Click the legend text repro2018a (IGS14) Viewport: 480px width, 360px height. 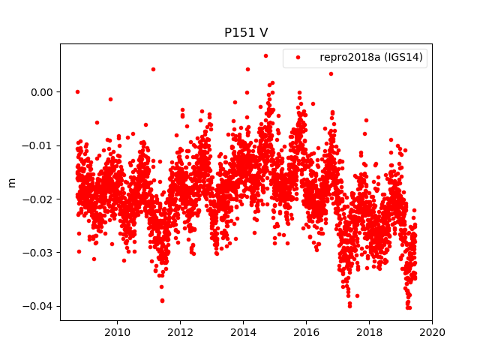click(371, 57)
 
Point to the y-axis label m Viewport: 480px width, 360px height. click(11, 182)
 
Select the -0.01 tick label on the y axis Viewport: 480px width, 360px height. click(38, 145)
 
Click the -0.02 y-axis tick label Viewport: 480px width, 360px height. click(38, 199)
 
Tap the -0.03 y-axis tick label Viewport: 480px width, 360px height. click(38, 253)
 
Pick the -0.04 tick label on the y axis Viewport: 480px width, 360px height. click(38, 306)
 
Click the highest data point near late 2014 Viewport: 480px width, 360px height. click(265, 55)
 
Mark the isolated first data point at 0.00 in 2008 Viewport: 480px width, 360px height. click(77, 91)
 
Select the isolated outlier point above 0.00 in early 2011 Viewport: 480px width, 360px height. click(153, 69)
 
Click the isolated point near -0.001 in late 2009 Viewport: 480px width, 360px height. click(110, 99)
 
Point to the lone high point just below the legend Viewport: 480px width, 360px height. click(331, 73)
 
